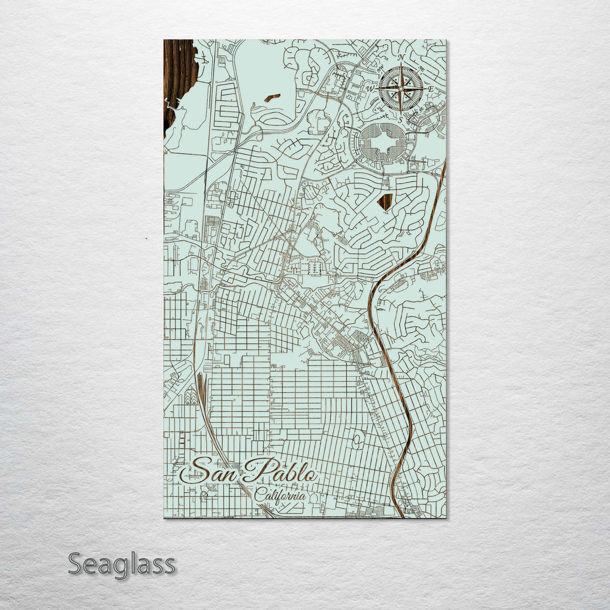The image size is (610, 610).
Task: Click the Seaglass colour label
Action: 121,564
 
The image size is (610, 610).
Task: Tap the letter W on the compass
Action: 371,89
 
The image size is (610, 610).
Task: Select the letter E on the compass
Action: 430,89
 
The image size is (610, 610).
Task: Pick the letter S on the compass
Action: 400,119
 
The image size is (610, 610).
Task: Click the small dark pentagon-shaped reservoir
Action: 385,202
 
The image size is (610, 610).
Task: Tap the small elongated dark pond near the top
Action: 272,98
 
